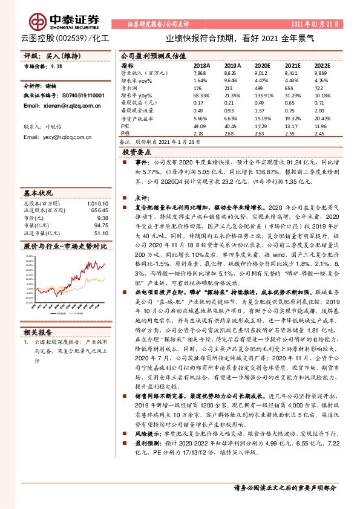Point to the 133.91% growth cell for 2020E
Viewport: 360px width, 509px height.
[262, 97]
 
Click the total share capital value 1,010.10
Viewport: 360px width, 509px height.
[97, 203]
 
